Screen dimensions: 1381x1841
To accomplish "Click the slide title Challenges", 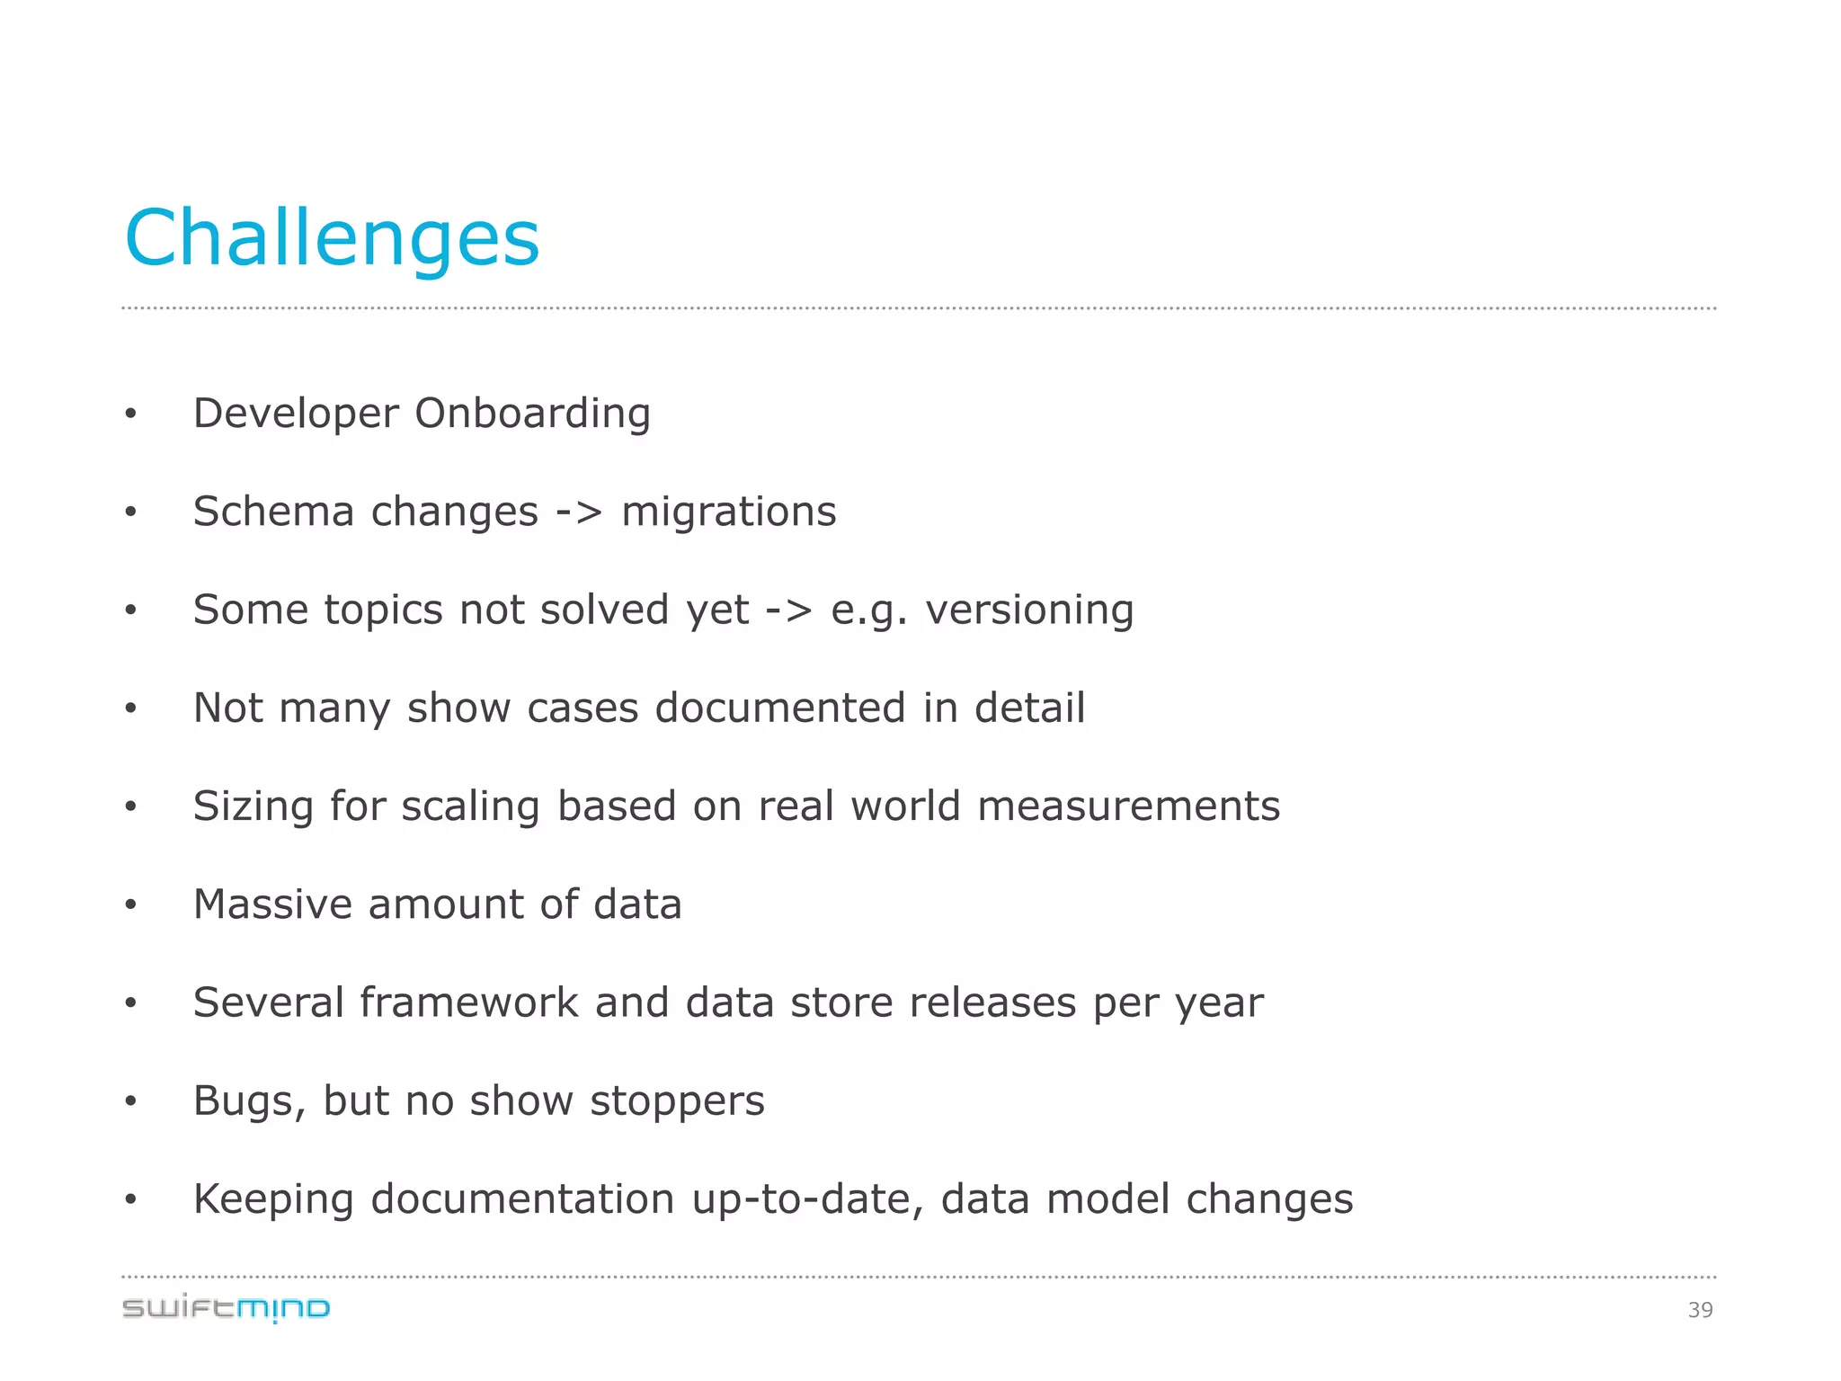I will (332, 237).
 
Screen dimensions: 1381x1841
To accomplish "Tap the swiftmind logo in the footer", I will (226, 1308).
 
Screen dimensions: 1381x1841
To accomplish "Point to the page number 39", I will (1700, 1310).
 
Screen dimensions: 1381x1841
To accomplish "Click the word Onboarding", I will (532, 414).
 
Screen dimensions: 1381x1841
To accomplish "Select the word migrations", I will (729, 512).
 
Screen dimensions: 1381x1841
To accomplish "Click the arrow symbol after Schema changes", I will (579, 512).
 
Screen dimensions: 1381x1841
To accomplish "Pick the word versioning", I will (1030, 610).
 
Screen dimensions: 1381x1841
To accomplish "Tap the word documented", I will (780, 708).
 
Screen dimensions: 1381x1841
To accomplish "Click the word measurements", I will (1128, 806).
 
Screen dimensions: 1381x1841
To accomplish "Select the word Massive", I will (272, 904).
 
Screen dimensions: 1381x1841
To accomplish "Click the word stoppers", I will (677, 1100).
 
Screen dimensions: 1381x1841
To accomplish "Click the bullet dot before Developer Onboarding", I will (131, 414).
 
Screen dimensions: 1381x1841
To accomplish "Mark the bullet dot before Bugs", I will (131, 1101).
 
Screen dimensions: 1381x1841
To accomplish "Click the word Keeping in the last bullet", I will (273, 1199).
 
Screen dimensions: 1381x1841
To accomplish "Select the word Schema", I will (273, 512).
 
